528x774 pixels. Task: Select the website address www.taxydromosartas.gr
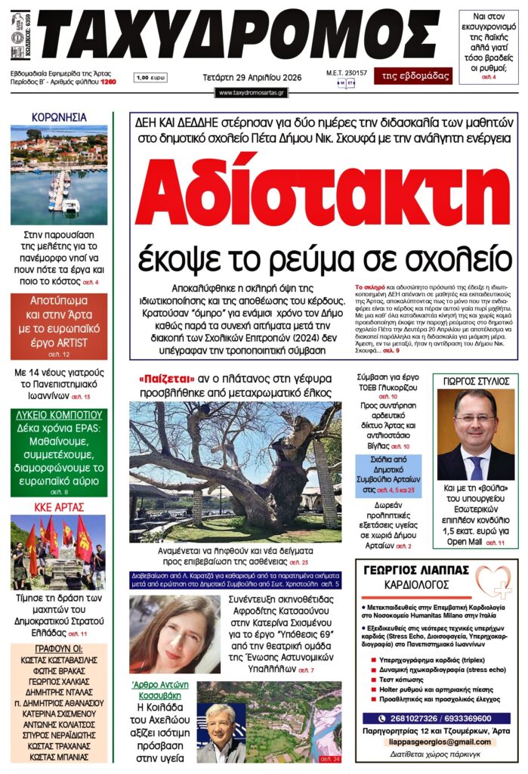click(x=252, y=92)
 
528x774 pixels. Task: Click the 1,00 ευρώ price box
click(x=151, y=77)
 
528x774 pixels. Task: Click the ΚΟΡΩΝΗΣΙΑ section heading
click(x=58, y=117)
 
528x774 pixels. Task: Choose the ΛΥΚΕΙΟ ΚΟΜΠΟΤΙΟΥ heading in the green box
click(x=58, y=415)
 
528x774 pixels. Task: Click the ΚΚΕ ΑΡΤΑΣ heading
click(x=58, y=506)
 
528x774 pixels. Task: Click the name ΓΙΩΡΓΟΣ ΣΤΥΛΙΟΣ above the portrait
click(x=476, y=381)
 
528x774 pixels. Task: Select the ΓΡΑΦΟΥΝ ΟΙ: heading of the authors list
click(x=58, y=649)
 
